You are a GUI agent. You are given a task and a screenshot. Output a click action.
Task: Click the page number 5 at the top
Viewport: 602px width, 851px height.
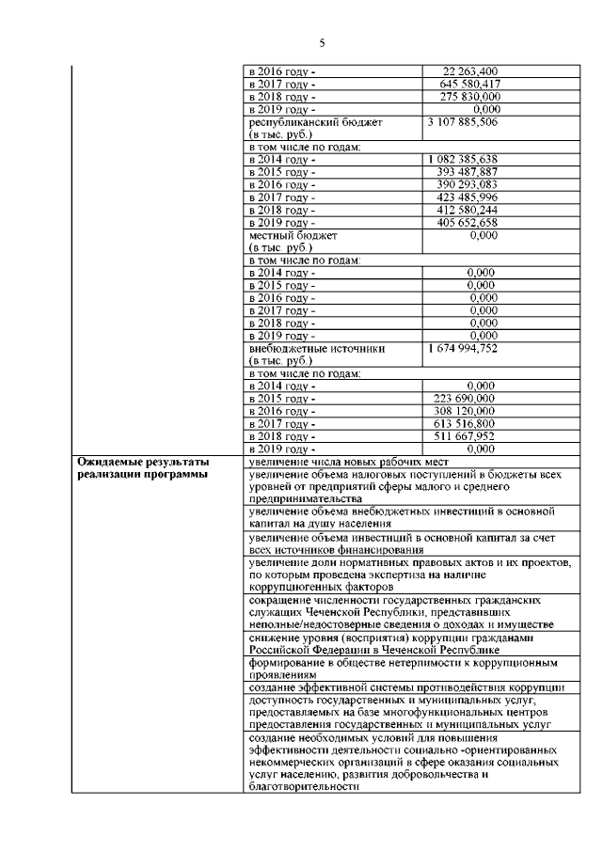tap(322, 43)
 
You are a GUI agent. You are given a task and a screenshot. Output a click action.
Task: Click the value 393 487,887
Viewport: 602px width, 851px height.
tap(467, 173)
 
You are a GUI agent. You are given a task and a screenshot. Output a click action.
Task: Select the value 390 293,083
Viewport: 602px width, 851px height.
tap(467, 185)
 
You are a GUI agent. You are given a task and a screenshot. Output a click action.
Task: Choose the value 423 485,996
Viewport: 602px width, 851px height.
tap(467, 198)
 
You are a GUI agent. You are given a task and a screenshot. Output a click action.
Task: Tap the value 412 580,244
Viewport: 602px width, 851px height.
tap(467, 211)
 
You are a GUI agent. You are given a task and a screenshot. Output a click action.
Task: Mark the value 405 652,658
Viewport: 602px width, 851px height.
tap(467, 223)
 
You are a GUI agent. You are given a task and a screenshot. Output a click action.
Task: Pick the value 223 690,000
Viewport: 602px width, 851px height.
tap(467, 399)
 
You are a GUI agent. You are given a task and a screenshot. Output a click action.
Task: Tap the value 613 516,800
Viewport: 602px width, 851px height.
tap(467, 424)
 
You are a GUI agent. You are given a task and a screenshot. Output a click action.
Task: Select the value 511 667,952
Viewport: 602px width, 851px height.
tap(467, 436)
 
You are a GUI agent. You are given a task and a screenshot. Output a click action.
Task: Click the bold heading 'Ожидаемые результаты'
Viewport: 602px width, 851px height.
tap(141, 462)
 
